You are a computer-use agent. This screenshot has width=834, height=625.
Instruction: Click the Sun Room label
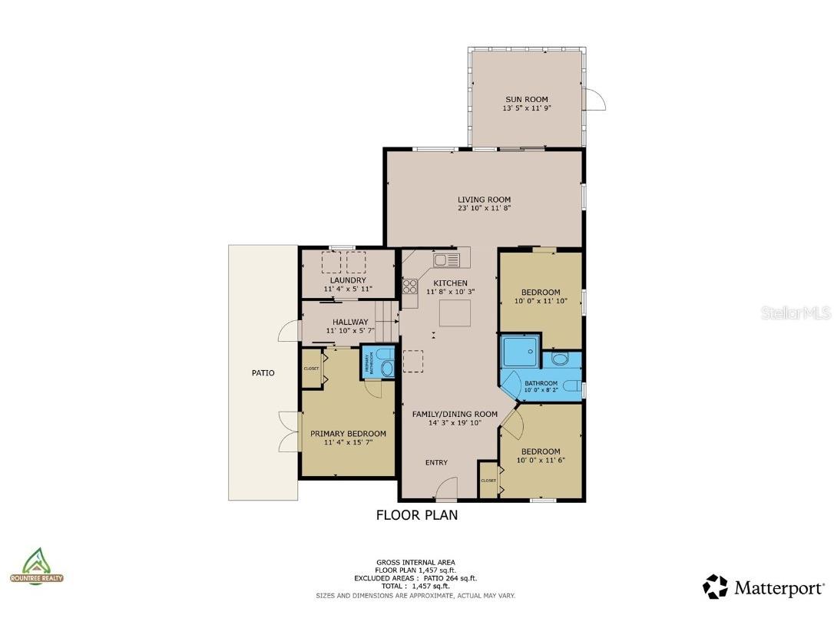coord(527,99)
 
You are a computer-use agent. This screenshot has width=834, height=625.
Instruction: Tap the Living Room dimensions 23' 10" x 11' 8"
coord(484,208)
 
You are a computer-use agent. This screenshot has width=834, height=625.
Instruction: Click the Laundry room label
coord(348,280)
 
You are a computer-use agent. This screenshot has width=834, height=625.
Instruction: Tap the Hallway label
coord(350,322)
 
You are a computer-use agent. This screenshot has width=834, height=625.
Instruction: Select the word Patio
coord(263,373)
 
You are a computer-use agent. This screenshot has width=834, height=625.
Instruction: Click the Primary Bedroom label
coord(348,434)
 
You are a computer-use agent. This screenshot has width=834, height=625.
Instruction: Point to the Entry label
coord(437,462)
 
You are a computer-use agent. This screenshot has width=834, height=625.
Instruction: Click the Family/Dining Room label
coord(455,415)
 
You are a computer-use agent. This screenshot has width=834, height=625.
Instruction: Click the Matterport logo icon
coord(715,587)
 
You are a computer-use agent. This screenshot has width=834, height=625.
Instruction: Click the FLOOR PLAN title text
coord(416,515)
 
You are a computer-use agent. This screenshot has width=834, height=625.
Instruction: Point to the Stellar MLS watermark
coord(795,312)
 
